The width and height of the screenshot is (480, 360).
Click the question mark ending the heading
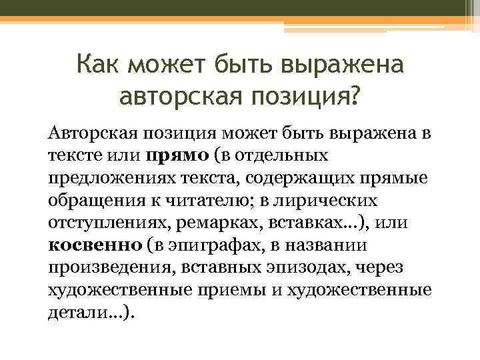click(x=352, y=97)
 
